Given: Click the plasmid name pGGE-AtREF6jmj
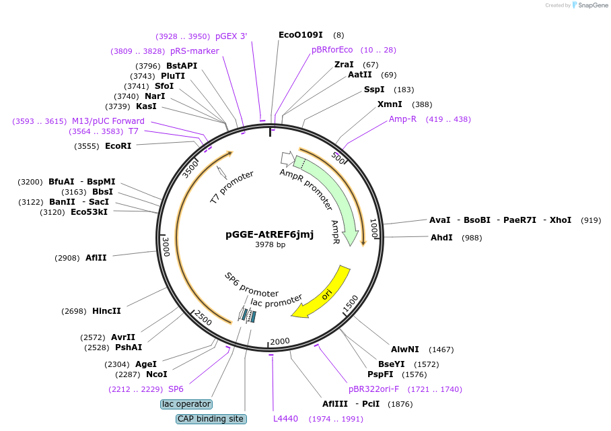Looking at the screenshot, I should tap(269, 234).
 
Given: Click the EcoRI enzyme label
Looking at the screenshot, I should tap(118, 146).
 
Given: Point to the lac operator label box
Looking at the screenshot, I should tap(186, 404).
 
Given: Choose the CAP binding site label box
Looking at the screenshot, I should tap(211, 419).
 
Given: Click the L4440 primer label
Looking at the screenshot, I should tap(285, 419).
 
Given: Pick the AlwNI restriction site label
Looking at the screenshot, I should tap(405, 350).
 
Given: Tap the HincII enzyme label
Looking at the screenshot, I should tap(106, 311).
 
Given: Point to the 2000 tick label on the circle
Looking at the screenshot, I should tap(279, 341).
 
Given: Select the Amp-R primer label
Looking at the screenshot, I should tap(403, 119).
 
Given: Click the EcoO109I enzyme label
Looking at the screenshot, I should tap(301, 34).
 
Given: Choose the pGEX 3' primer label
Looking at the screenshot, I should tap(231, 36).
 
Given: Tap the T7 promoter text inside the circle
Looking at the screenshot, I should tap(232, 187).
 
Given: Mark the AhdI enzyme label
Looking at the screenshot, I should tap(441, 238).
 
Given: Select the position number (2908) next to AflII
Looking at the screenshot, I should tap(67, 258).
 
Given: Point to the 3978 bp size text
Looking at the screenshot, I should tap(270, 244).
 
